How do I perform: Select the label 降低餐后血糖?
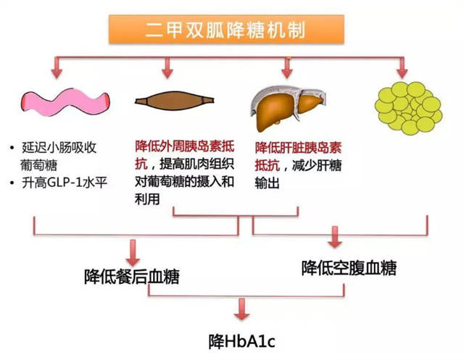[x=132, y=276]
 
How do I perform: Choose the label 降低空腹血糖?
[x=349, y=269]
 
